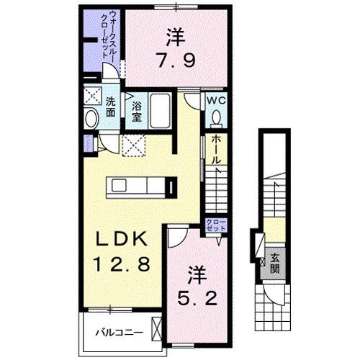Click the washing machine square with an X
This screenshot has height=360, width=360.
91,96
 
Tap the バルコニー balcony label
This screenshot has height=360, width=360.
119,333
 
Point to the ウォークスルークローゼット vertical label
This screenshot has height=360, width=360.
112,40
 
